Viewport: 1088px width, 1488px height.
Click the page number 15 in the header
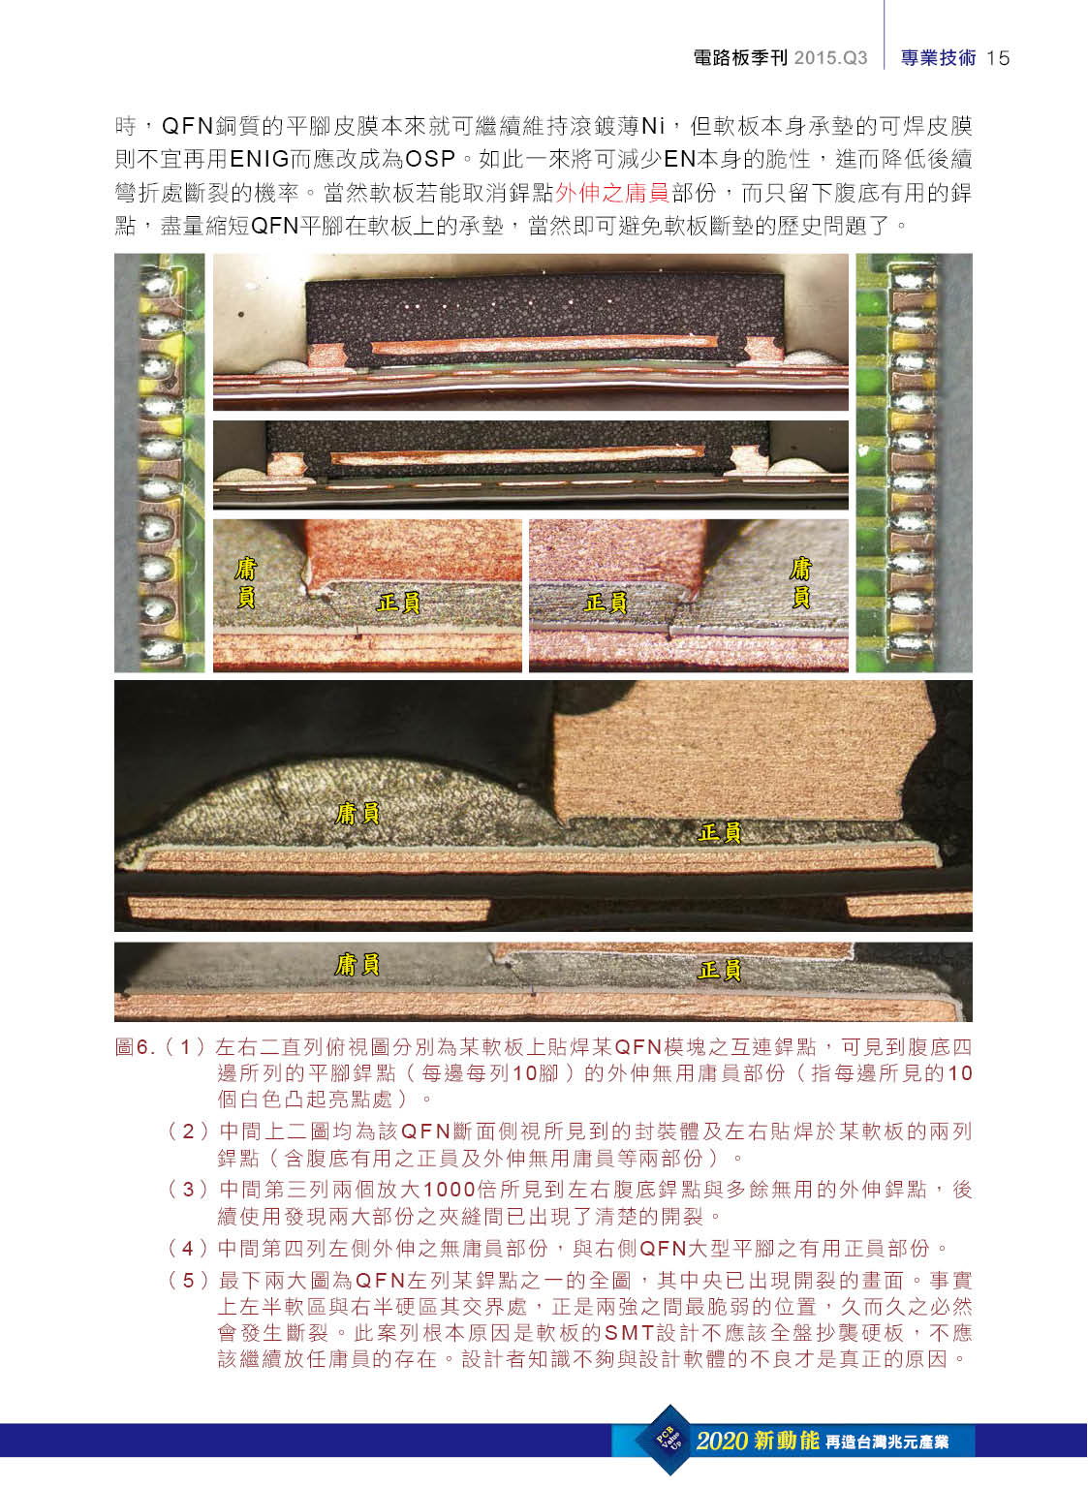[998, 58]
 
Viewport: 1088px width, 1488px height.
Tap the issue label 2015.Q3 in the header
[830, 58]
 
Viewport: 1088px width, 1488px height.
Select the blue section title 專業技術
[938, 58]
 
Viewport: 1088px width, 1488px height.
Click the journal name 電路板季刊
[740, 58]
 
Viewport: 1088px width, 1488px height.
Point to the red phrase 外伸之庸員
[611, 193]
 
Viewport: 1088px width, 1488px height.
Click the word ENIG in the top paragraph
[259, 160]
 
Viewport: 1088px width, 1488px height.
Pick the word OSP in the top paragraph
[430, 160]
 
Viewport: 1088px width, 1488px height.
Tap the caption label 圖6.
[135, 1047]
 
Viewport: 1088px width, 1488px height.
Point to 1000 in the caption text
[449, 1189]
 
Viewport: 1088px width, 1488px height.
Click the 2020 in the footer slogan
[722, 1441]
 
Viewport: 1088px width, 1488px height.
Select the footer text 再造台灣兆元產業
[887, 1441]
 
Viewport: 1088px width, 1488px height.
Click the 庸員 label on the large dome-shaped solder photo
[357, 813]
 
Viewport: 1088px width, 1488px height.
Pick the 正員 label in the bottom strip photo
[719, 970]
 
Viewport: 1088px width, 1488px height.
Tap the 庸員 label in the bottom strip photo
[357, 965]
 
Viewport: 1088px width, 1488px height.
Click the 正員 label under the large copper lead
[719, 832]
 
